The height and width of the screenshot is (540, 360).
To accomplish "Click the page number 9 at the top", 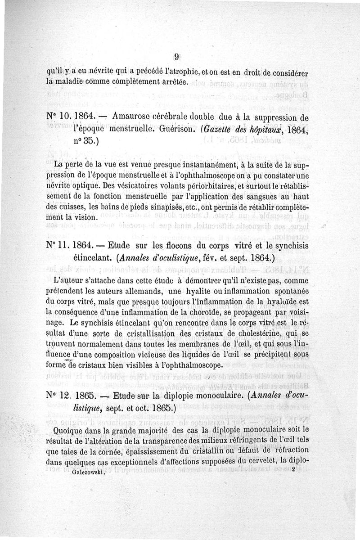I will (x=177, y=57).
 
